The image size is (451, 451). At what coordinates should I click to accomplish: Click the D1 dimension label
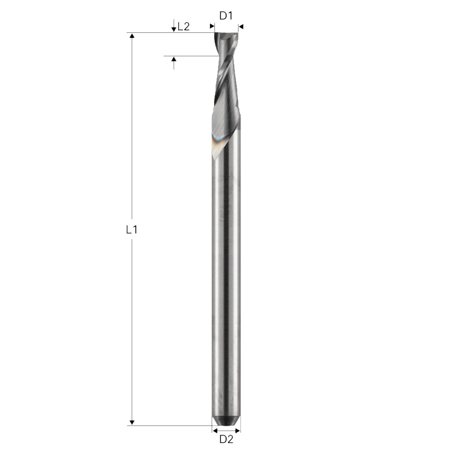226,16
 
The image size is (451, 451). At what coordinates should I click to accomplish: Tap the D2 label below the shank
226,439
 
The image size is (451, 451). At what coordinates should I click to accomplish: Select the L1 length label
131,229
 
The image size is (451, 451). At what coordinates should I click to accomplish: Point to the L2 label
184,27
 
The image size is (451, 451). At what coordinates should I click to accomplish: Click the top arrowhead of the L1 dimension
132,36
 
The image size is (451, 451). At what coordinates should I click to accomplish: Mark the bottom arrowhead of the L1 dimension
132,422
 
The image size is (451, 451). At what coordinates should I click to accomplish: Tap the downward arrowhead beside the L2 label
173,29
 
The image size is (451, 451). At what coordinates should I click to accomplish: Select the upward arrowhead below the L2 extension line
173,59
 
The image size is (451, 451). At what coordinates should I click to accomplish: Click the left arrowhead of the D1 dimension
212,27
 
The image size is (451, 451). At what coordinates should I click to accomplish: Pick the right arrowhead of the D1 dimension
241,27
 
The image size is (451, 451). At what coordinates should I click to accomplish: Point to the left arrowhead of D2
215,430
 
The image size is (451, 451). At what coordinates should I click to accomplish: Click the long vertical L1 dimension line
132,147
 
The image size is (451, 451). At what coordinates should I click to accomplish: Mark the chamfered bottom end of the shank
226,421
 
